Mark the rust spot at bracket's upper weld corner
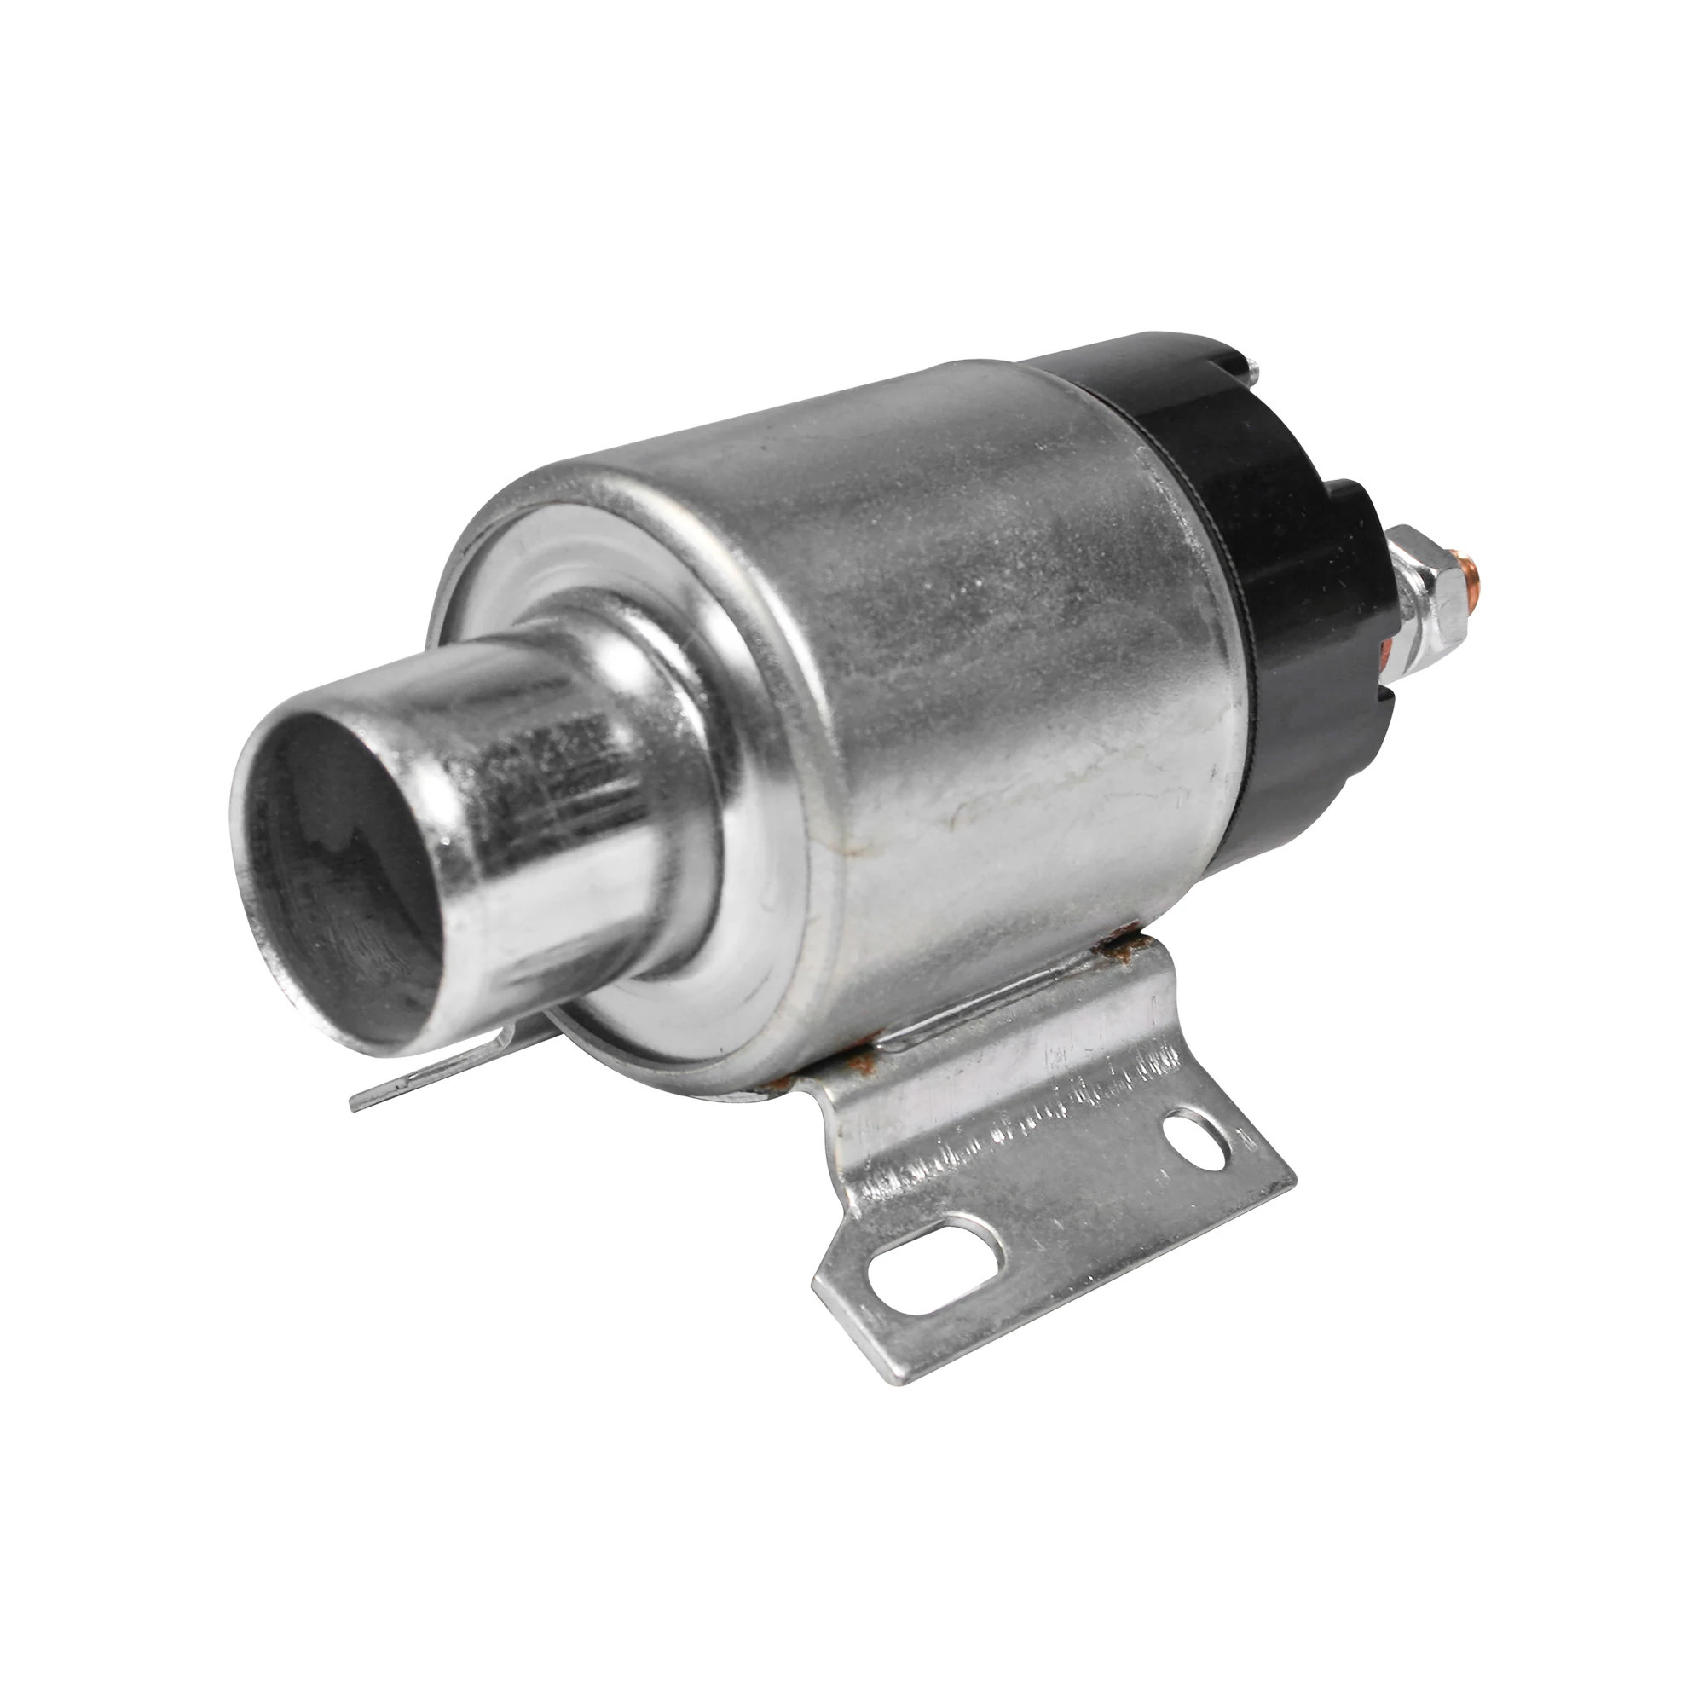[1119, 951]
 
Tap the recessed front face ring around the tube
[565, 565]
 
